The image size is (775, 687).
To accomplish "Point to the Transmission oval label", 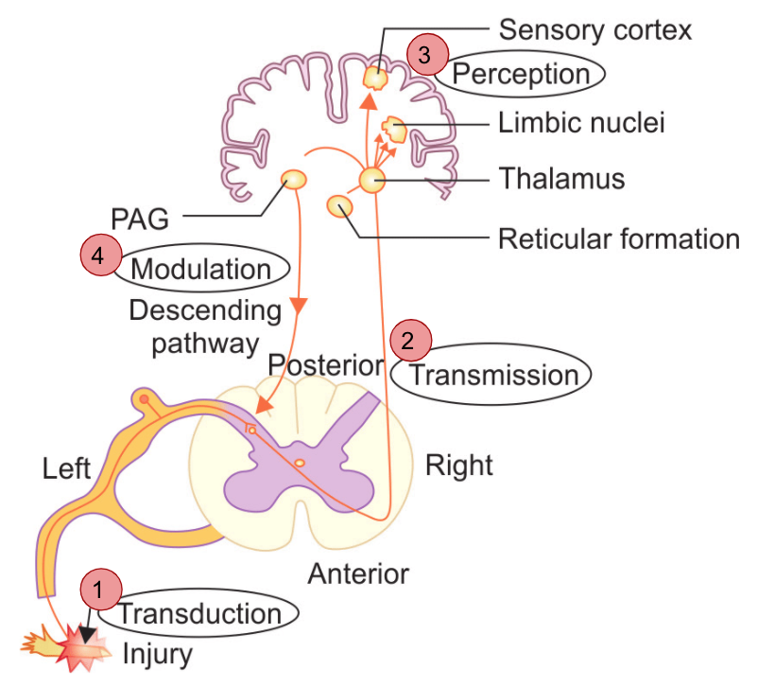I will tap(493, 376).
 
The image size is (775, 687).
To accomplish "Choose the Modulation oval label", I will tap(200, 269).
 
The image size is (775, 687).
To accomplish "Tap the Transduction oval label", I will tap(200, 613).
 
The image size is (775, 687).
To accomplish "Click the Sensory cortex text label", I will tap(594, 29).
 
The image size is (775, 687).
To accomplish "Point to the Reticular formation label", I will tap(618, 238).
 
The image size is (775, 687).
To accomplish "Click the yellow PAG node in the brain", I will tap(295, 179).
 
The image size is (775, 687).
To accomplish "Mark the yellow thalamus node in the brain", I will tap(371, 180).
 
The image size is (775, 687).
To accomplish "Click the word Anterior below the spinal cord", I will tap(358, 573).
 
